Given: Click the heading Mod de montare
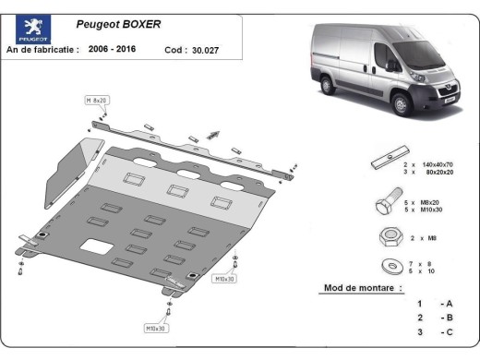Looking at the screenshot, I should pyautogui.click(x=363, y=288).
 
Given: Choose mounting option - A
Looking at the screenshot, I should pyautogui.click(x=447, y=304).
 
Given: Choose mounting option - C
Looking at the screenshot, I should pyautogui.click(x=447, y=331).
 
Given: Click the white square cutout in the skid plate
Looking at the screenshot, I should pyautogui.click(x=95, y=246).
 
